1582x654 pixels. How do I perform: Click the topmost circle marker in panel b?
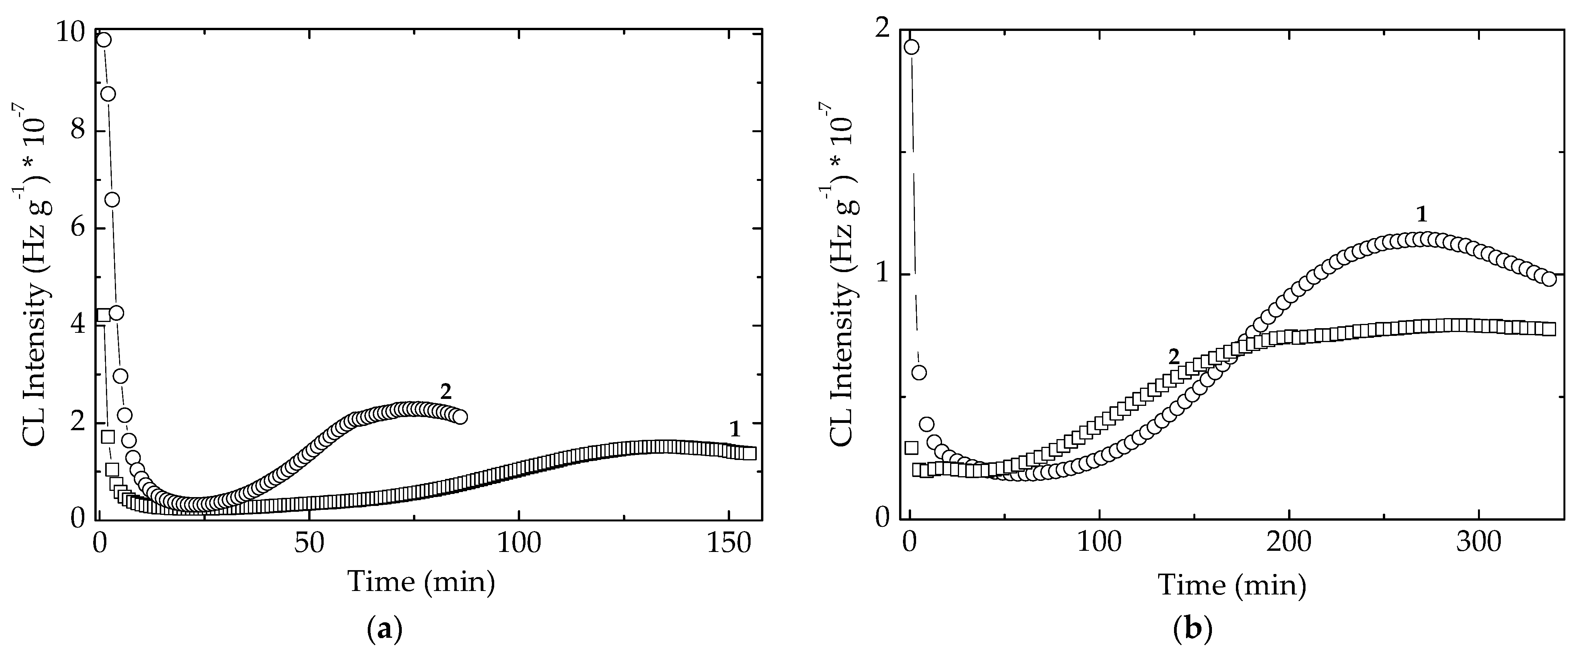click(x=911, y=47)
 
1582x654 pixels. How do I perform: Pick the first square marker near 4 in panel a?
click(x=104, y=316)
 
